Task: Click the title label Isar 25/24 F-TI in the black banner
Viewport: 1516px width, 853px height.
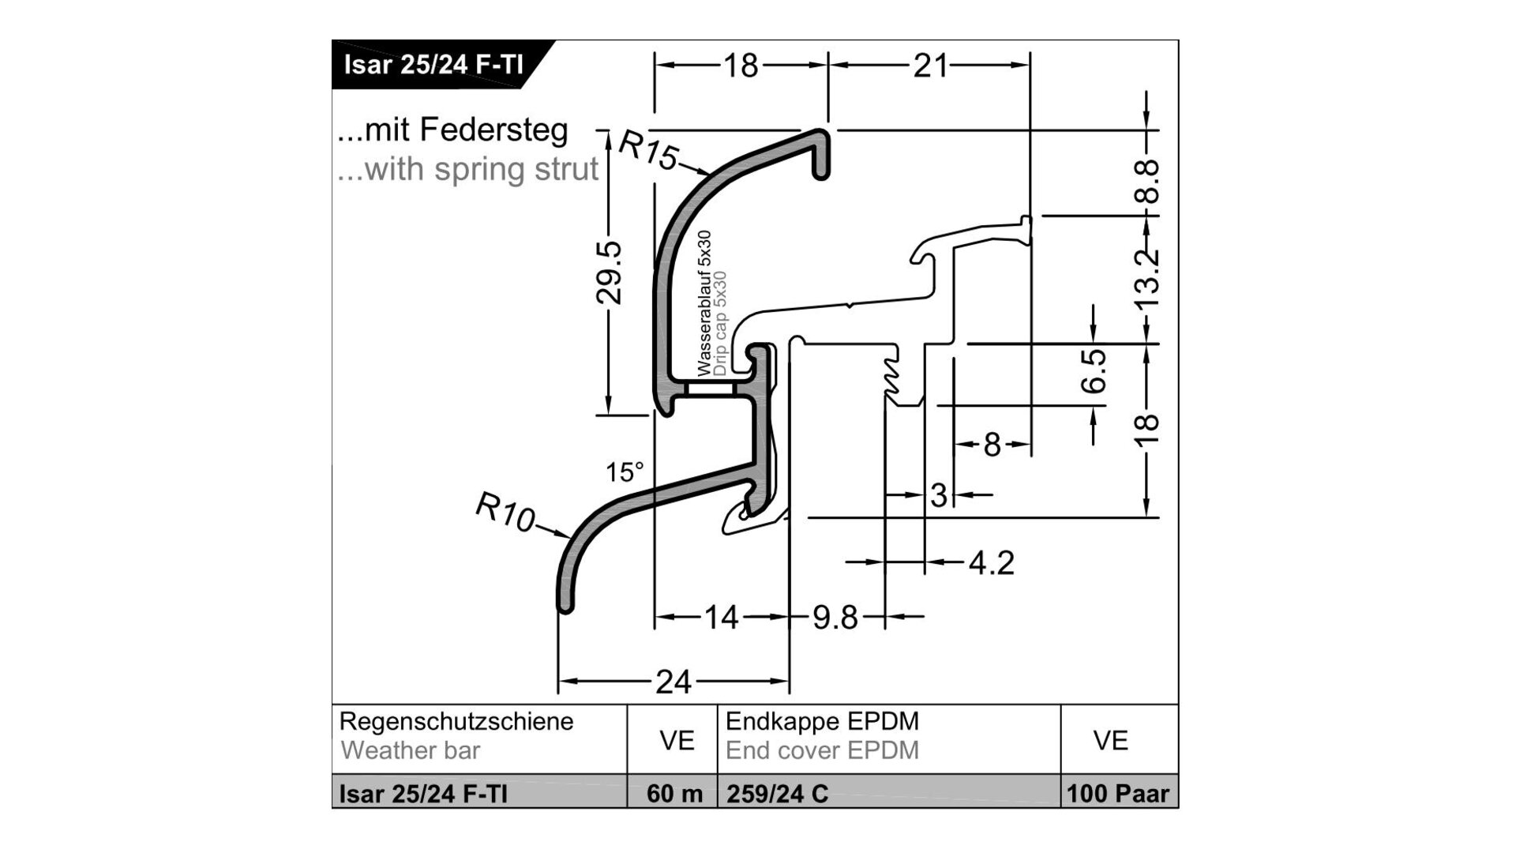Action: [x=433, y=64]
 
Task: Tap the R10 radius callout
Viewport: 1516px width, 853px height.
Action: [x=505, y=512]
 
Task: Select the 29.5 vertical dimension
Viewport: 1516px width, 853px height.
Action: [x=609, y=273]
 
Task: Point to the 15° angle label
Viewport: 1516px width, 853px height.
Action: [x=625, y=472]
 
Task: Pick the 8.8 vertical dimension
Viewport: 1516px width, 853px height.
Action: [x=1148, y=181]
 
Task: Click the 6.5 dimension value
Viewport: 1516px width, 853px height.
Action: [x=1094, y=371]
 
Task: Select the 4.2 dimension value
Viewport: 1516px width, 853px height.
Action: [x=991, y=563]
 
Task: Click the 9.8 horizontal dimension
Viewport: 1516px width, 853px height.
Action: [x=835, y=617]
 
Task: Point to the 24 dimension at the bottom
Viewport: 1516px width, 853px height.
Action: [x=673, y=681]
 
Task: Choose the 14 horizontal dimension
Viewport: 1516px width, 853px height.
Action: [x=721, y=617]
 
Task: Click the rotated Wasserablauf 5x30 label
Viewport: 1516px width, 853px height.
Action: [x=704, y=302]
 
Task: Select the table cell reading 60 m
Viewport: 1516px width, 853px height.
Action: [x=674, y=793]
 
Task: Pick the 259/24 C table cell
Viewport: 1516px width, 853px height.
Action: [x=777, y=793]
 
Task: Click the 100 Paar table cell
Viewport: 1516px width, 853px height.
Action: [x=1117, y=793]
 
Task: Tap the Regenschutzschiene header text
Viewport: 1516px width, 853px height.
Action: [x=456, y=721]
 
